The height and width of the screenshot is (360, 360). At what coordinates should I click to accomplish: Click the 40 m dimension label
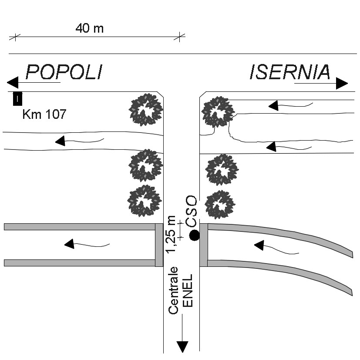90,29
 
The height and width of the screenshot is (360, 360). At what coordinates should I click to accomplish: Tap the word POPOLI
64,72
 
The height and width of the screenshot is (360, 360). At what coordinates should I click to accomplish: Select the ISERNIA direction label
290,72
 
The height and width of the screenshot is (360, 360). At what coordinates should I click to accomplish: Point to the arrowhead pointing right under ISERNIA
342,84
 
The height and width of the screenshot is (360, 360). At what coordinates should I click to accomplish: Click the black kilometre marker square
17,99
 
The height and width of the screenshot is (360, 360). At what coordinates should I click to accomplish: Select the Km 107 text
44,115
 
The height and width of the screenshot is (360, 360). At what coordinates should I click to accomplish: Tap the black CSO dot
195,236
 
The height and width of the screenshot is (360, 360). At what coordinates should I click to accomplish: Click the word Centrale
174,290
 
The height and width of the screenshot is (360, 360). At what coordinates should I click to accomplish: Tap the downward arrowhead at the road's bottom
182,347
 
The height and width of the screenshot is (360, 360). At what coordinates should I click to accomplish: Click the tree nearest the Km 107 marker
146,109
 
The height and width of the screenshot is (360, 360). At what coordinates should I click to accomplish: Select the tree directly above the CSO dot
220,204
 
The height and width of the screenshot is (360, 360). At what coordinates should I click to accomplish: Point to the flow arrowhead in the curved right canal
259,246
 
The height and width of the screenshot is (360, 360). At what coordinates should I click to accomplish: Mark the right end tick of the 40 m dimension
179,37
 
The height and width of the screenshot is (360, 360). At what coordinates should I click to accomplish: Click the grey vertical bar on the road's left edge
159,245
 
